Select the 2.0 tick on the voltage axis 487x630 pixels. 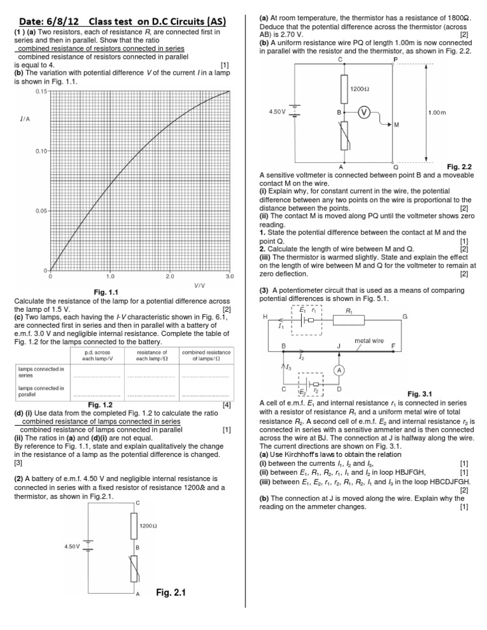coord(169,276)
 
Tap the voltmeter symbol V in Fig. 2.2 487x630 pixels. coord(364,112)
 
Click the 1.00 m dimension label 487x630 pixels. coord(438,112)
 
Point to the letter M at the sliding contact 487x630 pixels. coord(396,125)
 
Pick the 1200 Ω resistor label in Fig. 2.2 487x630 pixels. coord(360,89)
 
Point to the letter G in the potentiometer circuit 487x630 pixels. coord(405,316)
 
